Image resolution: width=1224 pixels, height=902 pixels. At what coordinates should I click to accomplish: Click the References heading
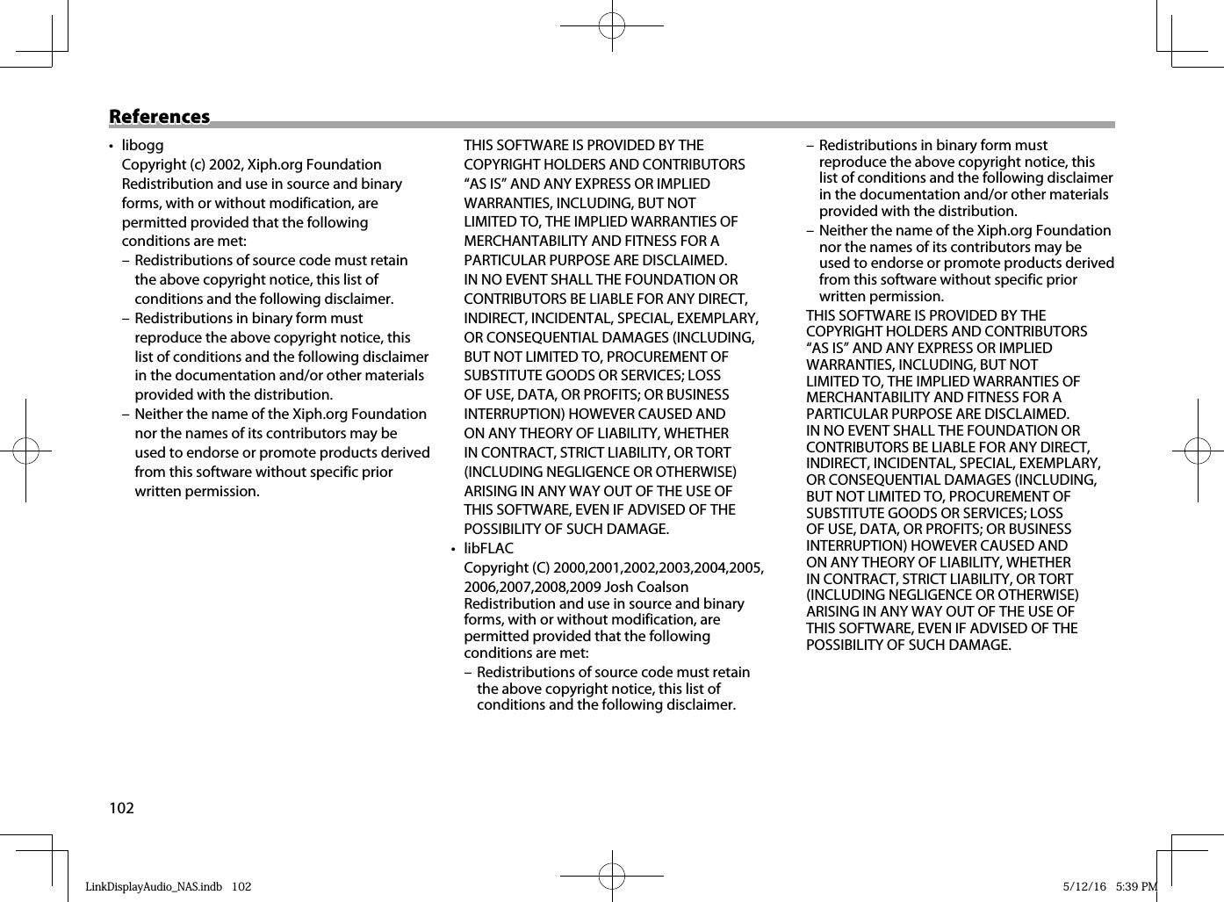pyautogui.click(x=160, y=117)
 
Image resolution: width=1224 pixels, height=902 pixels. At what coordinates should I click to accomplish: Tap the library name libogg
pyautogui.click(x=142, y=145)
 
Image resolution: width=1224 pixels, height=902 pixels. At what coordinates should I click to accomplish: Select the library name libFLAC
pyautogui.click(x=488, y=548)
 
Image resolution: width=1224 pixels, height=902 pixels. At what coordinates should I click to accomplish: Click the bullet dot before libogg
pyautogui.click(x=111, y=146)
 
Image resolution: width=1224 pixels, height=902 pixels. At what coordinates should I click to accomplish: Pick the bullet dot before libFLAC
pyautogui.click(x=453, y=549)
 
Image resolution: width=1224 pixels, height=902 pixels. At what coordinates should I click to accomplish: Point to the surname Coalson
pyautogui.click(x=659, y=587)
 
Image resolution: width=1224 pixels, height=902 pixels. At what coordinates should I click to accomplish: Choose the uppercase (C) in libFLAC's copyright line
pyautogui.click(x=538, y=567)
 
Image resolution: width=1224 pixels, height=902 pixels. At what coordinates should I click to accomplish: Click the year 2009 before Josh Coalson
pyautogui.click(x=586, y=587)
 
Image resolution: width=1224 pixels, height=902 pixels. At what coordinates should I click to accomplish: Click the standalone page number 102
pyautogui.click(x=121, y=808)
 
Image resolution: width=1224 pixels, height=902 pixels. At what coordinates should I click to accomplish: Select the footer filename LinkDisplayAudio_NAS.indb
pyautogui.click(x=154, y=886)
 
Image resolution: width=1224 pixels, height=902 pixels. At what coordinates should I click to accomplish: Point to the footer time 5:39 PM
pyautogui.click(x=1136, y=886)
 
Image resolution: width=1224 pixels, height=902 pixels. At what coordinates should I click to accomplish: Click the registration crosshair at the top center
pyautogui.click(x=612, y=26)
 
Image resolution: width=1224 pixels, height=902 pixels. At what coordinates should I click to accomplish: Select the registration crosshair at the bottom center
pyautogui.click(x=612, y=876)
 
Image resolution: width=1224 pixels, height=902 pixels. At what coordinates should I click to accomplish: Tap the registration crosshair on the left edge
pyautogui.click(x=26, y=451)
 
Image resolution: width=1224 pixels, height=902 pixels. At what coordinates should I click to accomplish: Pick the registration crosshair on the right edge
pyautogui.click(x=1198, y=451)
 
